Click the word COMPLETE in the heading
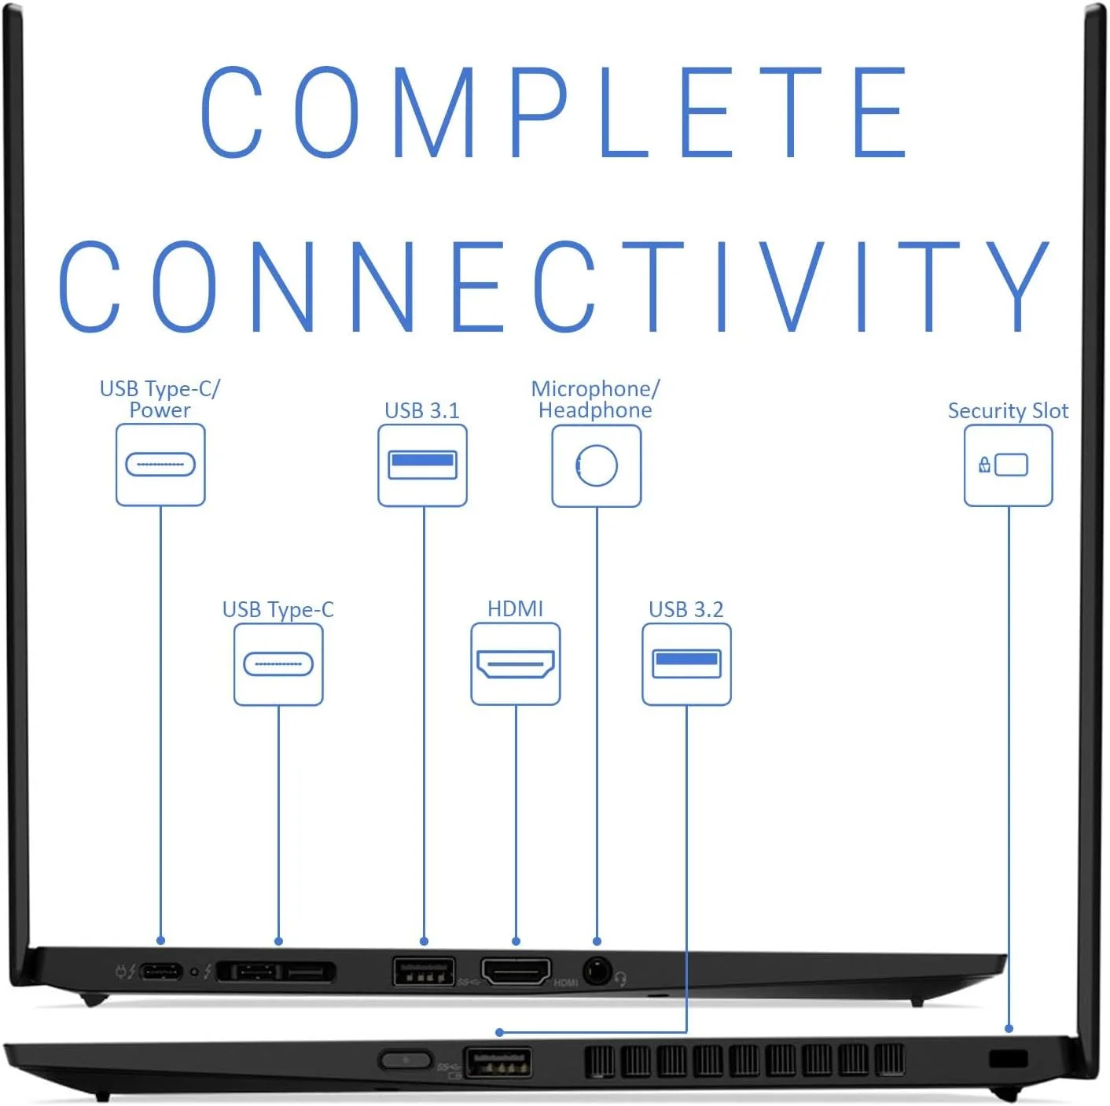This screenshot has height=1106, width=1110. [554, 111]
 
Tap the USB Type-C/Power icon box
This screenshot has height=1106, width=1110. [160, 465]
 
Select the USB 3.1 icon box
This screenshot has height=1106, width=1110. [422, 465]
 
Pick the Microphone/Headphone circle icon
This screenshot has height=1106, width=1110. [597, 465]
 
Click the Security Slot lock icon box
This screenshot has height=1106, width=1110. [1008, 465]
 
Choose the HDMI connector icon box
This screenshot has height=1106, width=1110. [516, 664]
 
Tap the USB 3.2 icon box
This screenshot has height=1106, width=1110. [686, 664]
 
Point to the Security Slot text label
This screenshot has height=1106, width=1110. [1008, 410]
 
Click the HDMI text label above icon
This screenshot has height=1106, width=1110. [515, 608]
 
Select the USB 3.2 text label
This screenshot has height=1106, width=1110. [685, 609]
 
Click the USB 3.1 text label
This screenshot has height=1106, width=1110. [421, 410]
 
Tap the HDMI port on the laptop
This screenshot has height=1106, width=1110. [516, 972]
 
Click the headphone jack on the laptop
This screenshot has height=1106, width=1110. [597, 972]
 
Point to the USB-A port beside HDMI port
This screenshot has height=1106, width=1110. [424, 972]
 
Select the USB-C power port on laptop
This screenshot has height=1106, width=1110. [161, 972]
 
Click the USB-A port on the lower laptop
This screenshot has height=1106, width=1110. [498, 1063]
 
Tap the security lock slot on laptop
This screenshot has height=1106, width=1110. [1008, 1058]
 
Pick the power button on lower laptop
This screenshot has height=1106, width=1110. [405, 1060]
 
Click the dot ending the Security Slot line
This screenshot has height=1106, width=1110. [1009, 1028]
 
